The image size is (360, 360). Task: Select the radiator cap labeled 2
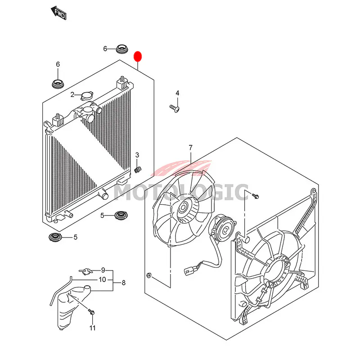tap(87, 96)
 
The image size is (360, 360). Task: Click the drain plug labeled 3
tap(138, 170)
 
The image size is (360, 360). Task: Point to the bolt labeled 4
tap(175, 108)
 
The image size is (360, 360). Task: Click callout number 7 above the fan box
tap(190, 148)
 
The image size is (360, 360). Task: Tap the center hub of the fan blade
tap(183, 208)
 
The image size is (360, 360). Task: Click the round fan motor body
tap(222, 229)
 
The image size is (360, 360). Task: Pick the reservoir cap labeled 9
tap(86, 272)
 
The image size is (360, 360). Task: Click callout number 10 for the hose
tap(103, 279)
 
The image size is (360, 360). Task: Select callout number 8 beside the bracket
tap(123, 283)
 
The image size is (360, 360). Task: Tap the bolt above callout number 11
tap(91, 312)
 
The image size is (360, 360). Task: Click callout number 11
tap(92, 328)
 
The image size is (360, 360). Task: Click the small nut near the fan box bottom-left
tap(148, 274)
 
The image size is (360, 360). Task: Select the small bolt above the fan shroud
tap(255, 196)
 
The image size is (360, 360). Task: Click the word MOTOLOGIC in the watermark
tap(181, 192)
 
